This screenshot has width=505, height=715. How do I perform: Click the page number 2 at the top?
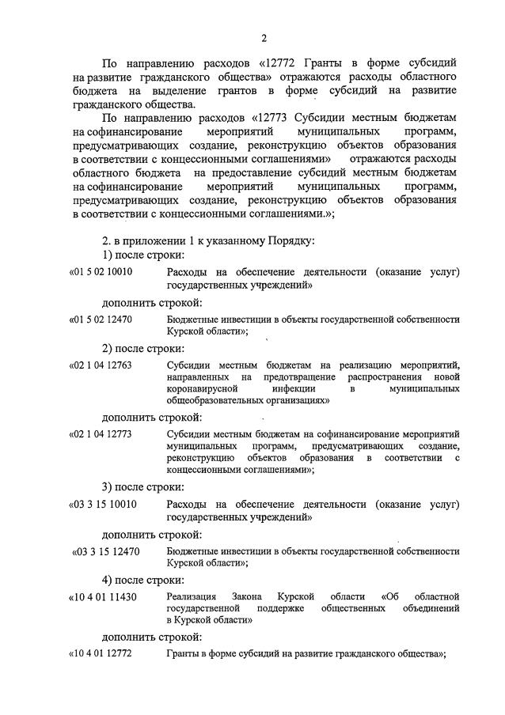click(x=264, y=37)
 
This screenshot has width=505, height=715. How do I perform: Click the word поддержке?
click(x=280, y=608)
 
